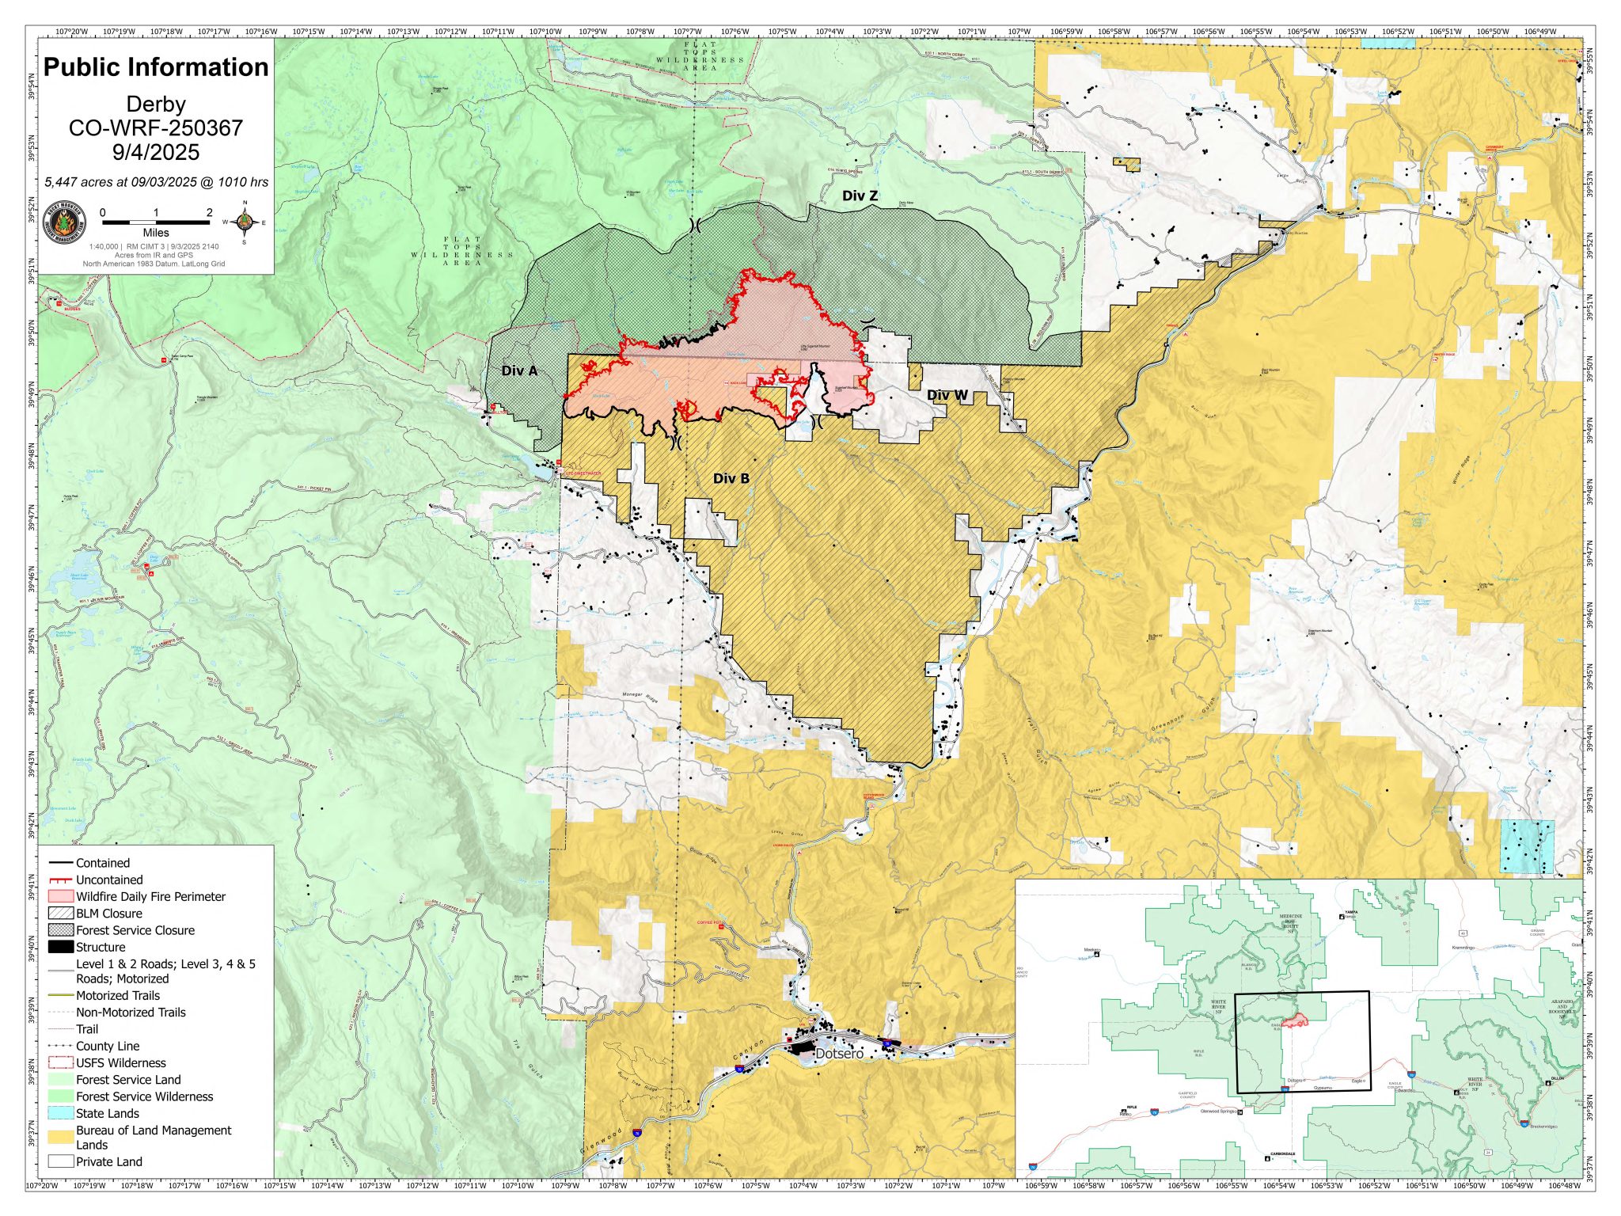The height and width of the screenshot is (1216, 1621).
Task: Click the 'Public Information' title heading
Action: click(156, 67)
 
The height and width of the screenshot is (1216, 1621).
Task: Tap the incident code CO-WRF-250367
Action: click(156, 128)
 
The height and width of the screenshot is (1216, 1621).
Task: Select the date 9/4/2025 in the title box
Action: click(156, 152)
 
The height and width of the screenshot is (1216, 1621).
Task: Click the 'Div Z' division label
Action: click(860, 196)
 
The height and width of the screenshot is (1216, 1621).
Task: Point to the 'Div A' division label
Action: click(519, 370)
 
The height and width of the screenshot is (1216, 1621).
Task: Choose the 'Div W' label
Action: click(947, 395)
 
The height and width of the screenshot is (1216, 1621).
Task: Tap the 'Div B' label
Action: click(731, 478)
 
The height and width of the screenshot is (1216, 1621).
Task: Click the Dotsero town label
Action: click(839, 1054)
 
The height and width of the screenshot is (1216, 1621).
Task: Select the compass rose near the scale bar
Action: click(245, 222)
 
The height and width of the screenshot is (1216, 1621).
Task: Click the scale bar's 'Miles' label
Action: click(156, 233)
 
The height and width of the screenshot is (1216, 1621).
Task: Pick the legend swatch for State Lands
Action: click(61, 1113)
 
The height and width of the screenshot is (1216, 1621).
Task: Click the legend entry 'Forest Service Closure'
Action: click(135, 930)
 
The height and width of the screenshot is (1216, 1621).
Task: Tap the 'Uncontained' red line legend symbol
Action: click(61, 880)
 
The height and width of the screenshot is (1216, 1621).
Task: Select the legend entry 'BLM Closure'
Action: click(108, 914)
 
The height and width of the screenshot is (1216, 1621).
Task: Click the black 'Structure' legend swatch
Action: click(61, 947)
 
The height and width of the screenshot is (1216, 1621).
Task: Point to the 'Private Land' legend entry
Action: click(108, 1161)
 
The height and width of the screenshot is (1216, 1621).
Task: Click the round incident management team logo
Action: click(63, 222)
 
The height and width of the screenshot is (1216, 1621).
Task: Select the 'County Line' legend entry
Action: click(107, 1046)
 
